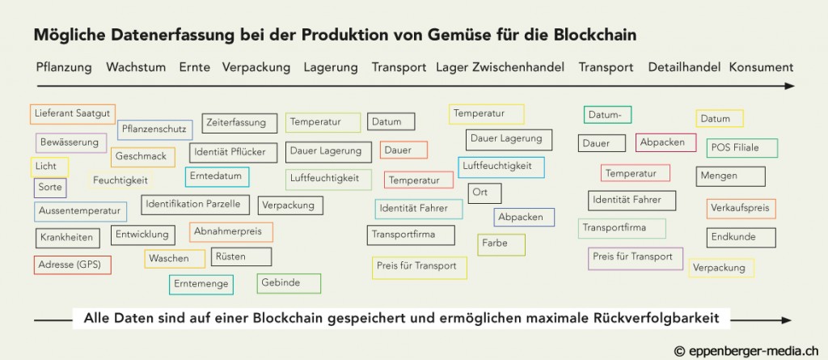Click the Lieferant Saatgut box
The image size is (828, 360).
pyautogui.click(x=73, y=114)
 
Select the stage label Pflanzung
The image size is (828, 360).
pyautogui.click(x=64, y=68)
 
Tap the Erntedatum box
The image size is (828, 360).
pyautogui.click(x=217, y=176)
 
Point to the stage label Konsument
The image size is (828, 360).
pyautogui.click(x=761, y=68)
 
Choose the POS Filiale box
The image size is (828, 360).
pyautogui.click(x=742, y=148)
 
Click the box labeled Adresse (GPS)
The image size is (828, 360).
pyautogui.click(x=72, y=265)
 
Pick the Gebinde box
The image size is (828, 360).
pyautogui.click(x=289, y=283)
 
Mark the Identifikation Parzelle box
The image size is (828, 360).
pyautogui.click(x=196, y=205)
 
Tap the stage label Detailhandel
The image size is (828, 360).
pyautogui.click(x=684, y=68)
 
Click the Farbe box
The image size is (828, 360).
pyautogui.click(x=501, y=245)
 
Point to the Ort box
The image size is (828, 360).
pyautogui.click(x=485, y=193)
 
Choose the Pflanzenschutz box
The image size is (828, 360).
pyautogui.click(x=154, y=129)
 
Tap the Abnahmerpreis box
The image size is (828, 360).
pyautogui.click(x=230, y=232)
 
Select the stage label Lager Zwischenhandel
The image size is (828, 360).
pyautogui.click(x=500, y=68)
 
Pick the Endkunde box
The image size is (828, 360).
pyautogui.click(x=741, y=238)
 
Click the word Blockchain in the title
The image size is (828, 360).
pyautogui.click(x=595, y=35)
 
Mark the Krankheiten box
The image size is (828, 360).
pyautogui.click(x=68, y=238)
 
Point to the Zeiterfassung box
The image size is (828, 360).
pyautogui.click(x=239, y=123)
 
